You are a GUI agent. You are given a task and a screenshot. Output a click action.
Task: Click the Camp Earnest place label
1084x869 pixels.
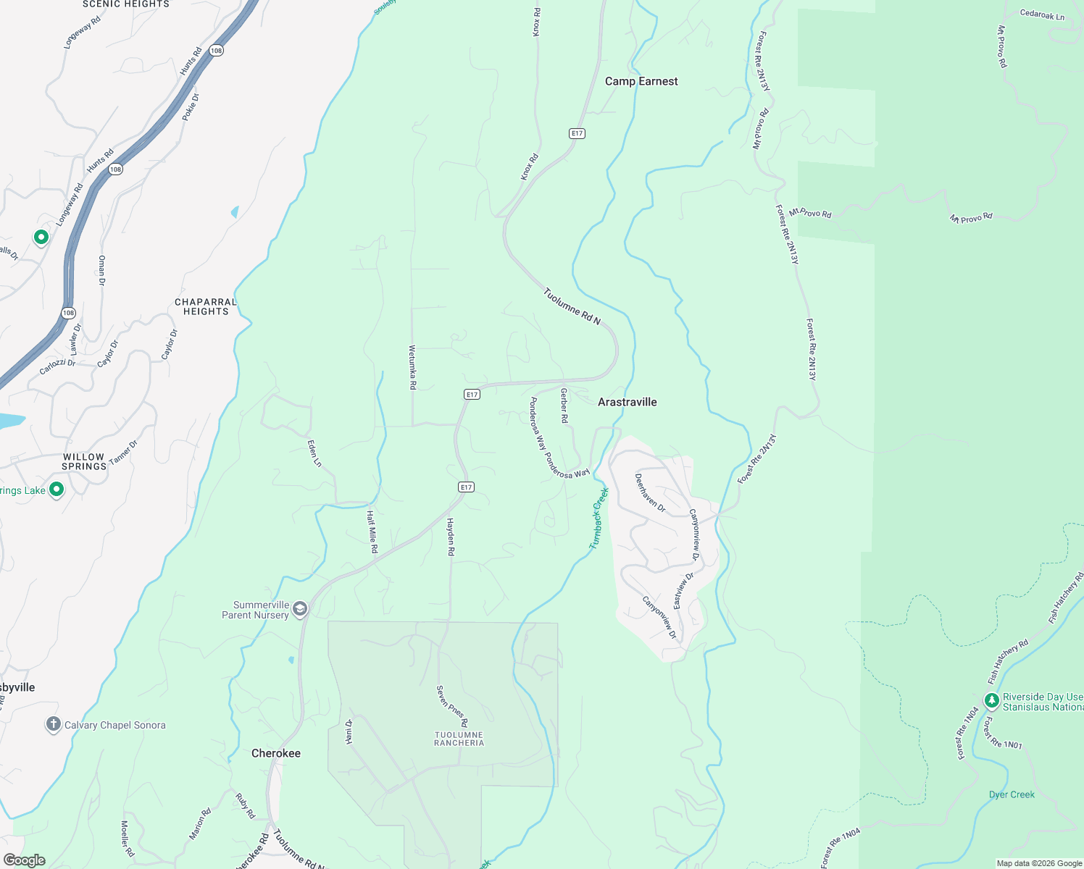coord(641,81)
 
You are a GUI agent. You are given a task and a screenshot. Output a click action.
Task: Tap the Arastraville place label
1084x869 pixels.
coord(627,402)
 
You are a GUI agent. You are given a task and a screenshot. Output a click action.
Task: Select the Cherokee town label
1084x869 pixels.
coord(275,753)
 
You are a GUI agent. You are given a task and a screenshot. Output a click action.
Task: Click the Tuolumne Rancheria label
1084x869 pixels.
coord(459,739)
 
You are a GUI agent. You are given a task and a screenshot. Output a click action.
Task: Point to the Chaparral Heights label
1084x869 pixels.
coord(206,306)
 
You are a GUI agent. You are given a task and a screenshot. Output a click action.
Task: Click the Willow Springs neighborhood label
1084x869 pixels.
coord(84,461)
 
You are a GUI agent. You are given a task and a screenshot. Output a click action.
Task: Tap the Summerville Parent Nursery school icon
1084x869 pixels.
coord(300,609)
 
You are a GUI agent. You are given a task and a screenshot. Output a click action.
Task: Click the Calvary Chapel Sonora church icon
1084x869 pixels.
coord(53,724)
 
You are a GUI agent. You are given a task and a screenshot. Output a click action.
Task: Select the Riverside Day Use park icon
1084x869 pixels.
coord(991,700)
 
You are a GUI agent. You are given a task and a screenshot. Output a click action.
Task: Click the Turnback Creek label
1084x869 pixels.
coord(599,518)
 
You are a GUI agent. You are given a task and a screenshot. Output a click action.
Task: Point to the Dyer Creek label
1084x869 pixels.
coord(1012,794)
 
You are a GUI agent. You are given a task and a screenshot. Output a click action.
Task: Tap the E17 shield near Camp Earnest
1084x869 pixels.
coord(577,133)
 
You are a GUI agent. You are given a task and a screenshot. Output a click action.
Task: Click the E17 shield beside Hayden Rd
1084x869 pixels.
coord(467,487)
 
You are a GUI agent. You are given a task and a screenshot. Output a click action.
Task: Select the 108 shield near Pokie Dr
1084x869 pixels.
coord(216,50)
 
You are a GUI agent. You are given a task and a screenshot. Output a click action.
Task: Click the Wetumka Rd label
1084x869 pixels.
coord(412,367)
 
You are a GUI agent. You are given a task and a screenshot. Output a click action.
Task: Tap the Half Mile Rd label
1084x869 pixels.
coord(372,532)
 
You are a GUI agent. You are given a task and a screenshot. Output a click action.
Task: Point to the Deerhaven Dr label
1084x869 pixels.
coord(650,492)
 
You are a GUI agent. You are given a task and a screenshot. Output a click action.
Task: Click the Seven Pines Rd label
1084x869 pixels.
coord(452,706)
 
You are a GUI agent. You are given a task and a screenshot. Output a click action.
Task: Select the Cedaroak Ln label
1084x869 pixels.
coord(1042,14)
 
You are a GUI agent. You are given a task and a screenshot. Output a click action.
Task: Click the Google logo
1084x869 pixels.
coord(24,860)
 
